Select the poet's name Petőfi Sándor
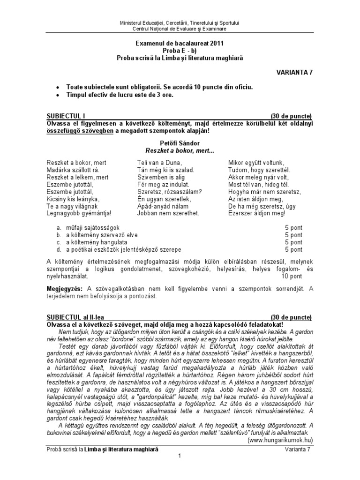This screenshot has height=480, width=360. tap(180, 142)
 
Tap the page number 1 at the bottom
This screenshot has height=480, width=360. tap(180, 457)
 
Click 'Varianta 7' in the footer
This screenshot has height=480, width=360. tap(297, 449)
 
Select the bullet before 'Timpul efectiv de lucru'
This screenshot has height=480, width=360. tap(57, 95)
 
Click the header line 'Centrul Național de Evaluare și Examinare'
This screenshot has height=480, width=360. tap(180, 29)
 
